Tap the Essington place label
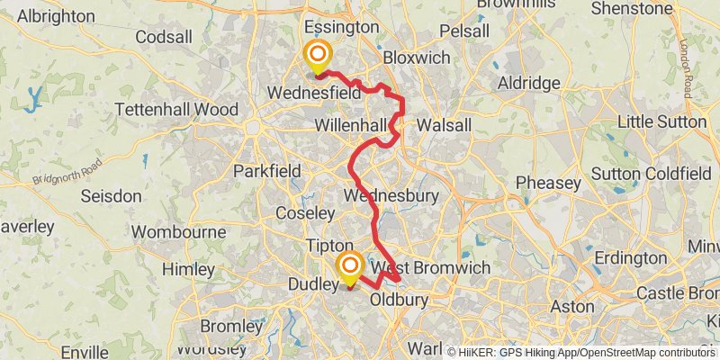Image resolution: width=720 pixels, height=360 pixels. click(342, 27)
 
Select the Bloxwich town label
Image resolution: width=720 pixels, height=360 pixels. click(416, 57)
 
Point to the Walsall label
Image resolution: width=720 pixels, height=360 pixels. click(445, 125)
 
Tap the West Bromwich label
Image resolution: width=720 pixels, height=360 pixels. click(431, 268)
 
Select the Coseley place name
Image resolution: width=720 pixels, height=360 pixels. click(305, 213)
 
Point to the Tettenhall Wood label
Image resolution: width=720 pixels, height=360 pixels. click(176, 110)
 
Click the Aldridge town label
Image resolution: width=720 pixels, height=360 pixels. click(528, 83)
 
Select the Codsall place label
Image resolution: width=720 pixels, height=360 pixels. click(164, 38)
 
